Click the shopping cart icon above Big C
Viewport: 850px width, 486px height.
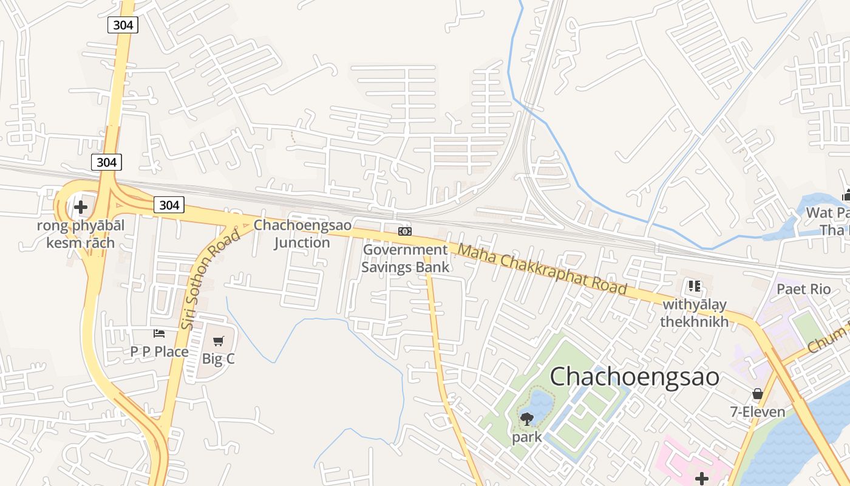point(219,341)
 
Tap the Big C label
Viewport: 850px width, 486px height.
point(218,358)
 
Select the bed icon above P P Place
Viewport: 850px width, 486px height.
point(159,334)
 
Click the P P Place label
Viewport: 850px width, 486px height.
point(159,351)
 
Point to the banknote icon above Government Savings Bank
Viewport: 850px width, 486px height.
point(405,231)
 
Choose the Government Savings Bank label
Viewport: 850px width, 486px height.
point(406,258)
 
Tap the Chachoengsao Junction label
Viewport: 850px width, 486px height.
point(302,233)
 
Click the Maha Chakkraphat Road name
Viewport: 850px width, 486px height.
point(542,269)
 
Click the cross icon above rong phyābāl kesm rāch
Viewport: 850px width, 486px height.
point(80,207)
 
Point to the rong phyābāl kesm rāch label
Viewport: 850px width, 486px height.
point(80,234)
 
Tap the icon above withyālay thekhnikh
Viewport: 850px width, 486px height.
point(694,286)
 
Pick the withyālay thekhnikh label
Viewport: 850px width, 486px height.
point(694,313)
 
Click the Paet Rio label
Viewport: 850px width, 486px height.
point(803,289)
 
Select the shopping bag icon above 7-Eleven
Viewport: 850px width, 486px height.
point(757,394)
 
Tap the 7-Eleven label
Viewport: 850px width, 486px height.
point(757,412)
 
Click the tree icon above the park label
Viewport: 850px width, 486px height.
point(526,419)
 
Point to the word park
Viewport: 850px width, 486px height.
point(526,437)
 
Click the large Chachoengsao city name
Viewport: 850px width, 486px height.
point(634,377)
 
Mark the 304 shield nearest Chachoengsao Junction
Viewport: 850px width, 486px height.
point(169,205)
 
